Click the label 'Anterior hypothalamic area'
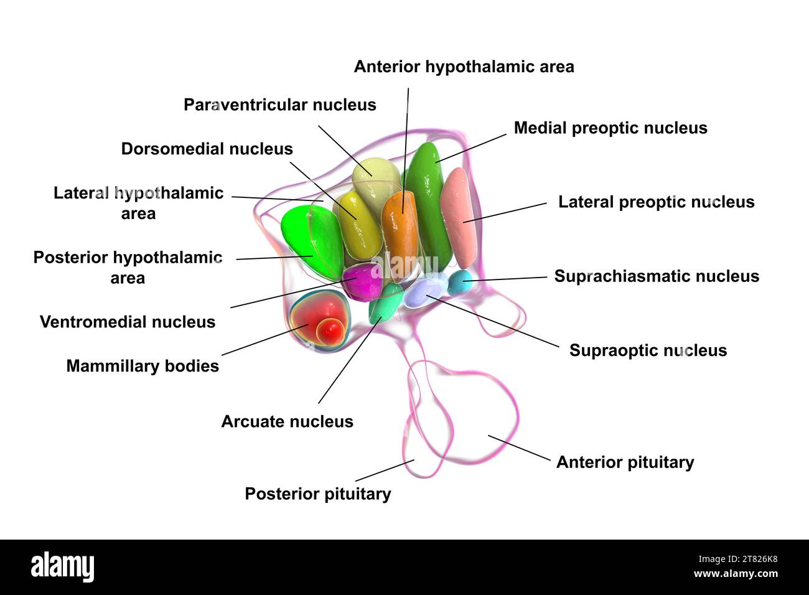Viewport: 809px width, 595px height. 464,67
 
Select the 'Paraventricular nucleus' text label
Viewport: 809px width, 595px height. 279,105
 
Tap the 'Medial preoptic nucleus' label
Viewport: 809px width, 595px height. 610,128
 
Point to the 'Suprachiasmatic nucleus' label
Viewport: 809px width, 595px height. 657,276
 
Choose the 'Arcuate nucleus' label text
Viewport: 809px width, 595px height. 287,421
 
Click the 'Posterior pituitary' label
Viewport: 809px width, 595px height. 317,494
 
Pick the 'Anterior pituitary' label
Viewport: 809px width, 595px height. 625,462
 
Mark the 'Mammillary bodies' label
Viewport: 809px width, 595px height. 143,366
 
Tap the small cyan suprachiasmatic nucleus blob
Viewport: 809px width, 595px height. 460,281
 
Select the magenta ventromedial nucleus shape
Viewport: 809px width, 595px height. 362,281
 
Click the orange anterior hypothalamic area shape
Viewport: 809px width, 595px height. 400,227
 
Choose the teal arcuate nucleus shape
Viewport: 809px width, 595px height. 385,302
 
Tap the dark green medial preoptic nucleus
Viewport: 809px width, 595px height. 429,199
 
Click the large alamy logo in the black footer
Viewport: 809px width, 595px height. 62,566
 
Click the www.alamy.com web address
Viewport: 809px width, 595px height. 735,574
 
